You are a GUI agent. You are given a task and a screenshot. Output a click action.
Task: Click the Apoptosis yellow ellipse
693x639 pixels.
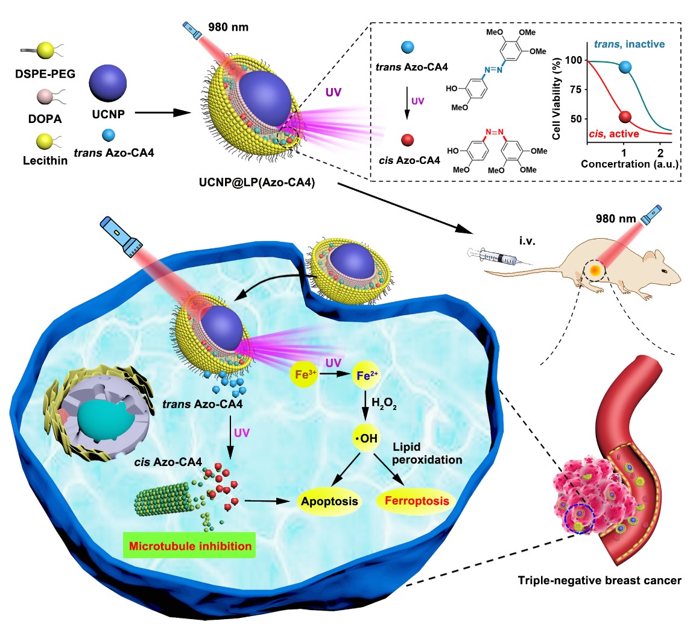click(329, 501)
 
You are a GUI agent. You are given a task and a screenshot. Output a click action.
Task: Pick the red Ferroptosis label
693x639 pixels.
click(417, 501)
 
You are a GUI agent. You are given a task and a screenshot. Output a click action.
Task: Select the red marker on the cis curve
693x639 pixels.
click(625, 116)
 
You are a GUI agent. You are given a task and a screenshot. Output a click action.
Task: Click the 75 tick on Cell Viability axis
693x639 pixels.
click(577, 89)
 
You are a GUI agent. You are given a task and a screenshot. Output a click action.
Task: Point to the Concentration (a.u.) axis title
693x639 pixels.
click(630, 164)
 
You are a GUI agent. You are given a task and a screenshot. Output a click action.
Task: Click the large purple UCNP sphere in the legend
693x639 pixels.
click(108, 85)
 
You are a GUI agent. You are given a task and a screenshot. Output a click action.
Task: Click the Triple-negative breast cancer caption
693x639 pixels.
click(600, 581)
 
